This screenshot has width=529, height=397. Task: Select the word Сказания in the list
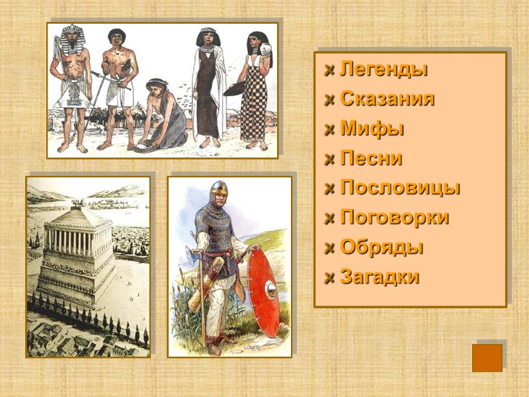(x=387, y=99)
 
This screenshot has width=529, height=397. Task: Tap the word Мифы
(x=372, y=129)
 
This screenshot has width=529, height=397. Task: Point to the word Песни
(x=371, y=159)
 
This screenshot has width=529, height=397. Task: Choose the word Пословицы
(x=400, y=188)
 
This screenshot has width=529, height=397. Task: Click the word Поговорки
(x=394, y=218)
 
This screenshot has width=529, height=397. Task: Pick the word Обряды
(x=382, y=247)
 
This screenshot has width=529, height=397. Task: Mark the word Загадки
(x=380, y=277)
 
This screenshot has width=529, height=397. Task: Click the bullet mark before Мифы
(x=329, y=130)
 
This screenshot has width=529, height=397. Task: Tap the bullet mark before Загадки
(x=329, y=278)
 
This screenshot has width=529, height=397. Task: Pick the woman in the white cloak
(x=208, y=86)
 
